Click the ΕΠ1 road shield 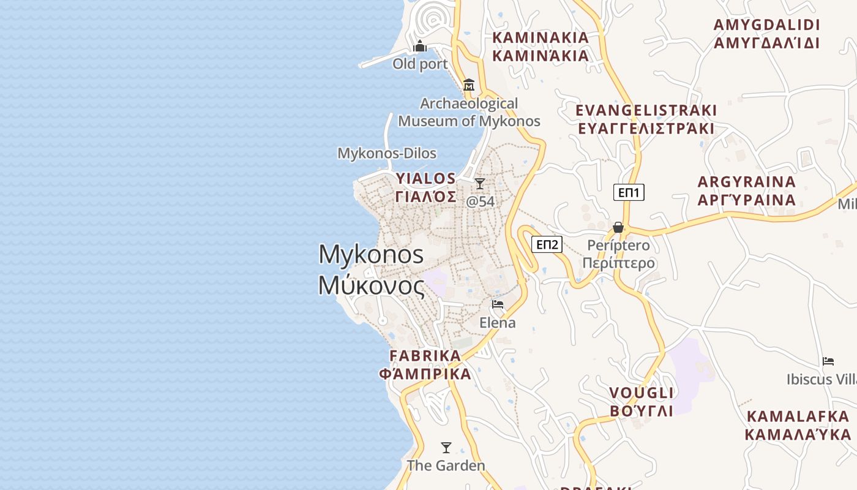pyautogui.click(x=629, y=193)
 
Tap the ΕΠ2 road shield pyautogui.click(x=547, y=245)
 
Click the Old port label pyautogui.click(x=420, y=64)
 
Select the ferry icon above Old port pyautogui.click(x=420, y=46)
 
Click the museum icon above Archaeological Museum pyautogui.click(x=469, y=85)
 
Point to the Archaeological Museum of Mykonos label pyautogui.click(x=469, y=112)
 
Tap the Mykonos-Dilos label pyautogui.click(x=387, y=153)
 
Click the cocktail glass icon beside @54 pyautogui.click(x=480, y=183)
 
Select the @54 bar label pyautogui.click(x=481, y=201)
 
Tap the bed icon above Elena pyautogui.click(x=498, y=304)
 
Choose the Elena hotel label pyautogui.click(x=497, y=322)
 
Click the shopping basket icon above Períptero pyautogui.click(x=618, y=227)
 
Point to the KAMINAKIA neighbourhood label pyautogui.click(x=541, y=47)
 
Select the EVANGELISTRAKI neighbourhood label pyautogui.click(x=646, y=119)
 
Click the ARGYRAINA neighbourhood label pyautogui.click(x=747, y=190)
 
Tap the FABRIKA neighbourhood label pyautogui.click(x=425, y=364)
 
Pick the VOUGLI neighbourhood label pyautogui.click(x=642, y=402)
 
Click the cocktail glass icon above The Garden pyautogui.click(x=446, y=448)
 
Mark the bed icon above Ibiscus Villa pyautogui.click(x=828, y=361)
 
